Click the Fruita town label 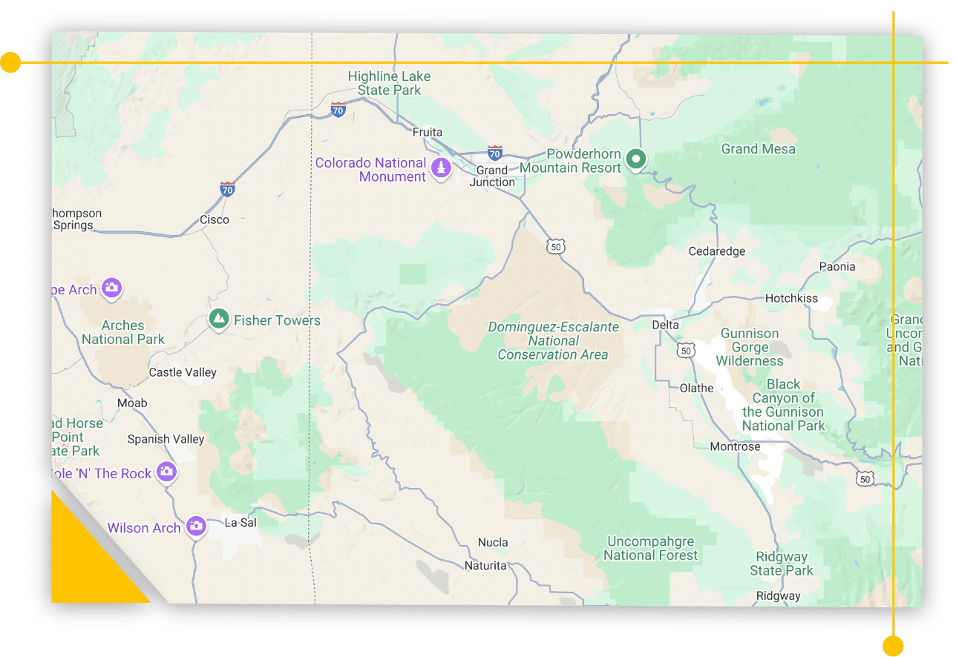(427, 132)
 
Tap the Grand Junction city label (492, 176)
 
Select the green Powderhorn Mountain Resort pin (635, 159)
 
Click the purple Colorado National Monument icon (442, 168)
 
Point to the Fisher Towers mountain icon (218, 320)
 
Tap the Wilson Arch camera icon (196, 526)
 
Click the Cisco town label (215, 219)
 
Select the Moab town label (132, 403)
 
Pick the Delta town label (665, 325)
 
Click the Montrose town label (735, 446)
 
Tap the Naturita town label (485, 565)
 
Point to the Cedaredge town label (717, 251)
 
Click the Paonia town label (837, 266)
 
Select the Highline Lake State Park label (389, 83)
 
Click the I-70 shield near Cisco (228, 188)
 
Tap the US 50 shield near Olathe (686, 349)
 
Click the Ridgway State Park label (782, 564)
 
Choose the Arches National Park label (123, 332)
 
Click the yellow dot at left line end (10, 63)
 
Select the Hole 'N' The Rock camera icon (167, 472)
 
